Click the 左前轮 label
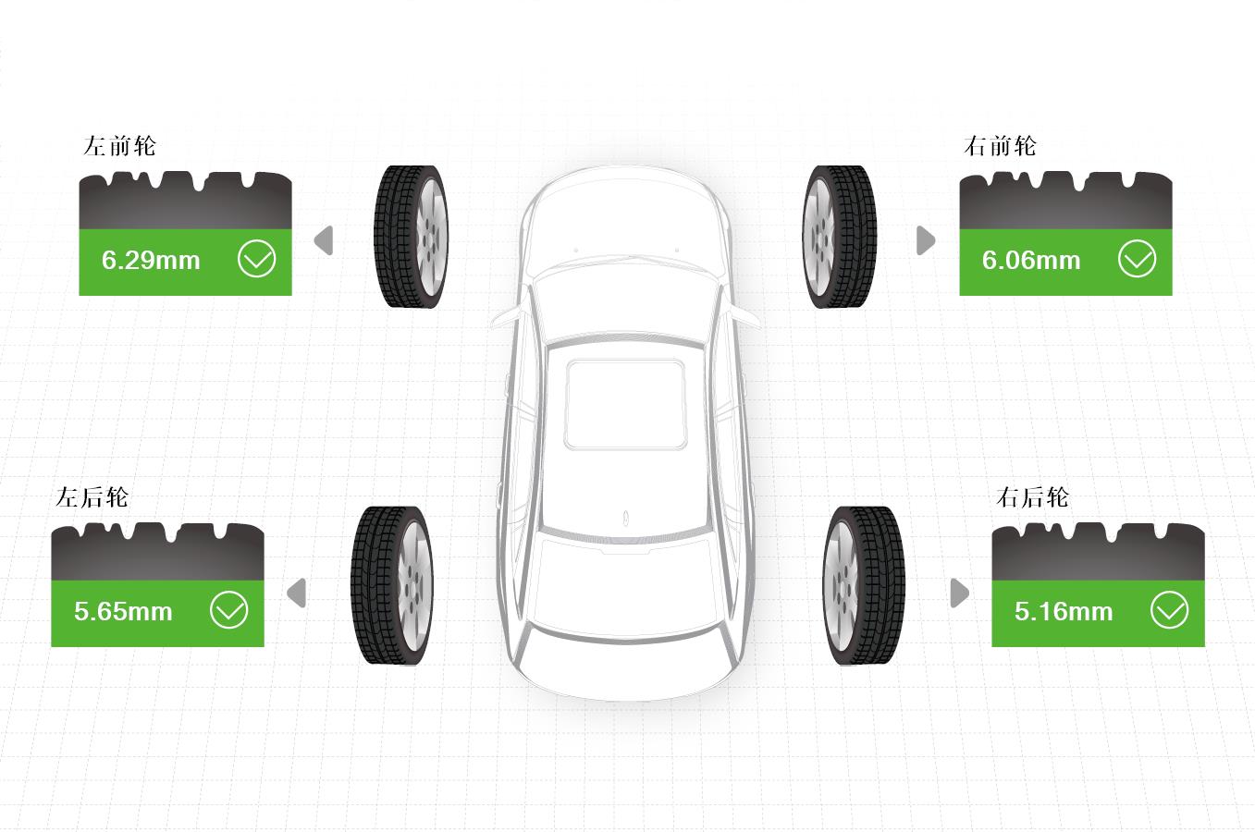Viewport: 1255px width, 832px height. click(x=119, y=146)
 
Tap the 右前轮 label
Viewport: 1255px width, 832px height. click(x=1000, y=146)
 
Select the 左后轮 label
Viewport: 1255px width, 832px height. click(x=92, y=497)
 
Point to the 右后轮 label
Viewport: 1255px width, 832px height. click(x=1032, y=497)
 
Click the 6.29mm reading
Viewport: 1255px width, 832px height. click(x=151, y=261)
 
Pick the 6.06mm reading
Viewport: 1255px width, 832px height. click(x=1031, y=261)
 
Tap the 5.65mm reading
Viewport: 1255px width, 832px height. click(x=123, y=611)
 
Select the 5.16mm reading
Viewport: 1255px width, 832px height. click(x=1064, y=611)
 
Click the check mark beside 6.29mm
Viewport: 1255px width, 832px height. click(x=256, y=259)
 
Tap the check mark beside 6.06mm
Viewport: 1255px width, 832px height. click(x=1137, y=259)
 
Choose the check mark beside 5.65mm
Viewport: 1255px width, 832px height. click(x=229, y=610)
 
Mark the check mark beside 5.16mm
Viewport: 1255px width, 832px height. click(x=1169, y=610)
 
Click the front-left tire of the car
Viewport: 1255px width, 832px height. click(x=412, y=237)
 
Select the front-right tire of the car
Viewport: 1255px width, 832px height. click(x=839, y=237)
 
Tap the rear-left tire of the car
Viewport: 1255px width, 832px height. click(x=392, y=586)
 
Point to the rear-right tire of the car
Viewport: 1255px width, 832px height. click(x=864, y=586)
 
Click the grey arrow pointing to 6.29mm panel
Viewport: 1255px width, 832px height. click(x=324, y=240)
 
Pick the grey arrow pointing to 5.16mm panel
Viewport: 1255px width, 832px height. click(x=960, y=593)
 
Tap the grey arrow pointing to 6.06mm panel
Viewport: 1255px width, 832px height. click(x=926, y=240)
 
